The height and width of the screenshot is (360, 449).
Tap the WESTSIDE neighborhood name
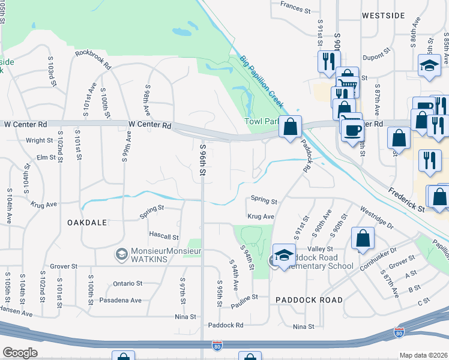pos(384,16)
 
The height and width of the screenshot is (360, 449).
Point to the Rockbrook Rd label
pos(93,59)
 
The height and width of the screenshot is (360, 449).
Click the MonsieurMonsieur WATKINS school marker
pos(122,254)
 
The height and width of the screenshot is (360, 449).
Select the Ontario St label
pos(127,283)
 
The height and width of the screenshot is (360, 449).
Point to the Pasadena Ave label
pos(120,300)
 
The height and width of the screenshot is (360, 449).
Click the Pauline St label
pos(244,300)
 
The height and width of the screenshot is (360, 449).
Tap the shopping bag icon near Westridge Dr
pos(363,238)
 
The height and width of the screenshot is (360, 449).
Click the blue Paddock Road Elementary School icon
pos(284,253)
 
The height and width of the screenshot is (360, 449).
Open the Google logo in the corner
pos(20,352)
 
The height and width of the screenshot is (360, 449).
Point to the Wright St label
pos(40,140)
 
